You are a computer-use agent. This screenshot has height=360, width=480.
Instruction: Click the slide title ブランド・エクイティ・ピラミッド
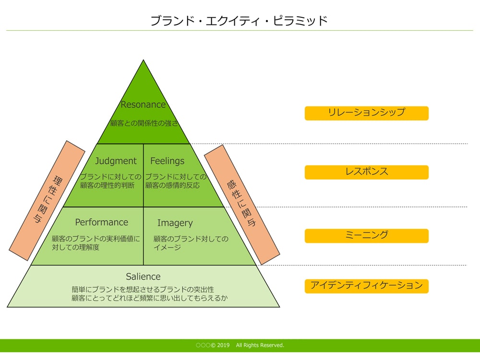tap(239, 21)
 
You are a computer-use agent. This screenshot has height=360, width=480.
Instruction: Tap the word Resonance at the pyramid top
tap(143, 105)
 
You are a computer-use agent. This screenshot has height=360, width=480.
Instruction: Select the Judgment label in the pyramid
tap(116, 161)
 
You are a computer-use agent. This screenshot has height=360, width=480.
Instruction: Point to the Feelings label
tap(167, 161)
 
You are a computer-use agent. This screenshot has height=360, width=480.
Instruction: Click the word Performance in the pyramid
tap(102, 222)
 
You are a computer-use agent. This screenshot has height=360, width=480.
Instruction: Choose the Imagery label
tap(175, 223)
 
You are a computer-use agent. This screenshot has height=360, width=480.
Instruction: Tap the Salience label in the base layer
tap(143, 276)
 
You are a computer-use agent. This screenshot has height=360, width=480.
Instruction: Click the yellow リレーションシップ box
tap(366, 113)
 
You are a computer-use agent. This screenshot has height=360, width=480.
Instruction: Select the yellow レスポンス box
tap(366, 172)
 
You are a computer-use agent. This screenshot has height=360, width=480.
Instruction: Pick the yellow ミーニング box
tap(366, 236)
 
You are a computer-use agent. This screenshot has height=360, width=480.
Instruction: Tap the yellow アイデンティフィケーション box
tap(366, 286)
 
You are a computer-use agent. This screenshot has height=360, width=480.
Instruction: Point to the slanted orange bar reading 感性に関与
tap(241, 204)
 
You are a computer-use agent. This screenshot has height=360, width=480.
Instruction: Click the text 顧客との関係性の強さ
tap(144, 123)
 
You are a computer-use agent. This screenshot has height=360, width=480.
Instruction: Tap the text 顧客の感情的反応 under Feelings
tap(172, 185)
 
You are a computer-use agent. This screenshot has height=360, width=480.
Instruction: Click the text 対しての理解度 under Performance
tap(75, 248)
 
